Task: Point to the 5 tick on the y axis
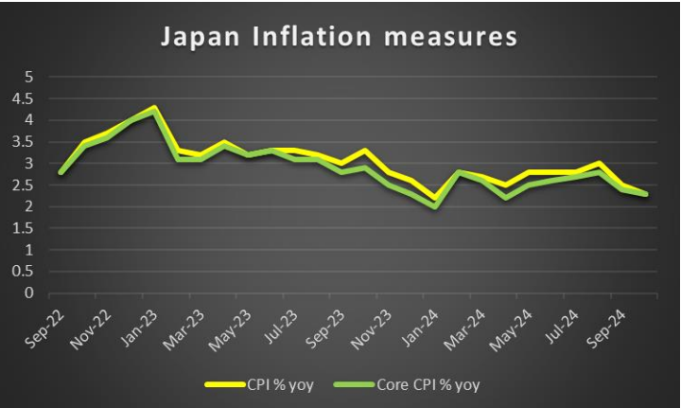coord(28,77)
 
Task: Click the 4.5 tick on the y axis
coord(25,98)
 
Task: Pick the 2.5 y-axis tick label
coord(25,185)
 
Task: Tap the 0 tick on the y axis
coord(28,293)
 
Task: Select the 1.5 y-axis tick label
coord(25,228)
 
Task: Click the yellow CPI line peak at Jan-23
coord(154,107)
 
